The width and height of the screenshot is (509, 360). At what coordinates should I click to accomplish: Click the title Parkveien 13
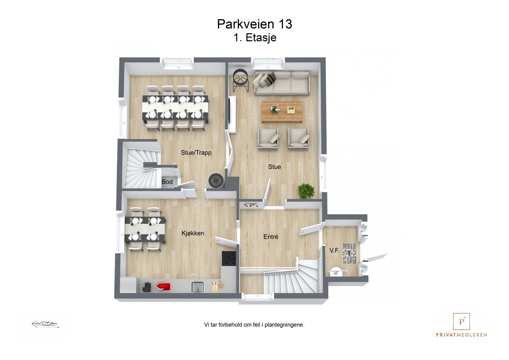click(254, 24)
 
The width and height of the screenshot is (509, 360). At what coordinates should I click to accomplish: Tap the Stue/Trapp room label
click(196, 153)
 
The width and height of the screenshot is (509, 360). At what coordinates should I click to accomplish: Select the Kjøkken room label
click(192, 233)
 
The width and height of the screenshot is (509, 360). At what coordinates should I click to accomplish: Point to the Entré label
click(271, 237)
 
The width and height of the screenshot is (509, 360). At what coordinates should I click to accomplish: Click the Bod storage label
click(167, 182)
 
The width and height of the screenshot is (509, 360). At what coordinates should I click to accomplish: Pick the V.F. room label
click(334, 251)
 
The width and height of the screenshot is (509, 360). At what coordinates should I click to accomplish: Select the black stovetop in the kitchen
click(229, 258)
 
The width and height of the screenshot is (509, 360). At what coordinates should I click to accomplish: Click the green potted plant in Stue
click(306, 191)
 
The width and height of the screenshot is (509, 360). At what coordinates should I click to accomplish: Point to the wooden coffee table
click(282, 112)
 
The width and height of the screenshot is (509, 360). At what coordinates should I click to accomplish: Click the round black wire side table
click(241, 81)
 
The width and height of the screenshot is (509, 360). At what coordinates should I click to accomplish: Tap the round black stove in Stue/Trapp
click(217, 181)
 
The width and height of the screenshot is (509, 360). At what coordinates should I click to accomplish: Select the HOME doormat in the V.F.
click(349, 253)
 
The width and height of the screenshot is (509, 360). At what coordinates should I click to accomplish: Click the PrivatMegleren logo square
click(461, 321)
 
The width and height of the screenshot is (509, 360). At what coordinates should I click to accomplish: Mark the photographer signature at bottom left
click(45, 324)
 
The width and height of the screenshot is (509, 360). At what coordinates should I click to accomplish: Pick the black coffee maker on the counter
click(147, 287)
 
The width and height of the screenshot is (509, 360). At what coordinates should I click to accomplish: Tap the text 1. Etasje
click(255, 38)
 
